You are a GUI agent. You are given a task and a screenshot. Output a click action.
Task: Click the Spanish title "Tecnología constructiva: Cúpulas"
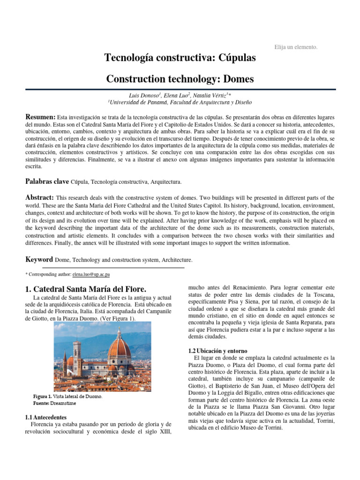point(180,58)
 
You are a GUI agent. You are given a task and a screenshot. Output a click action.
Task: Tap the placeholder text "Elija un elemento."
point(295,47)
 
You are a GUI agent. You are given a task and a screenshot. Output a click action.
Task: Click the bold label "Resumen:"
point(40,116)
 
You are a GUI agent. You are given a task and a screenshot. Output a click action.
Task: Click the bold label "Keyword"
point(39,259)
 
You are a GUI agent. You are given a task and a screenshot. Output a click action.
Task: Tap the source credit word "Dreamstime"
point(64,403)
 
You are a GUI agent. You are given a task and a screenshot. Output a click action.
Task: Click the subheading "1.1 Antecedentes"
point(46,417)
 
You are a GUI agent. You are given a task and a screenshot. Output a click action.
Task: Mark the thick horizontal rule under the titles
point(180,89)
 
